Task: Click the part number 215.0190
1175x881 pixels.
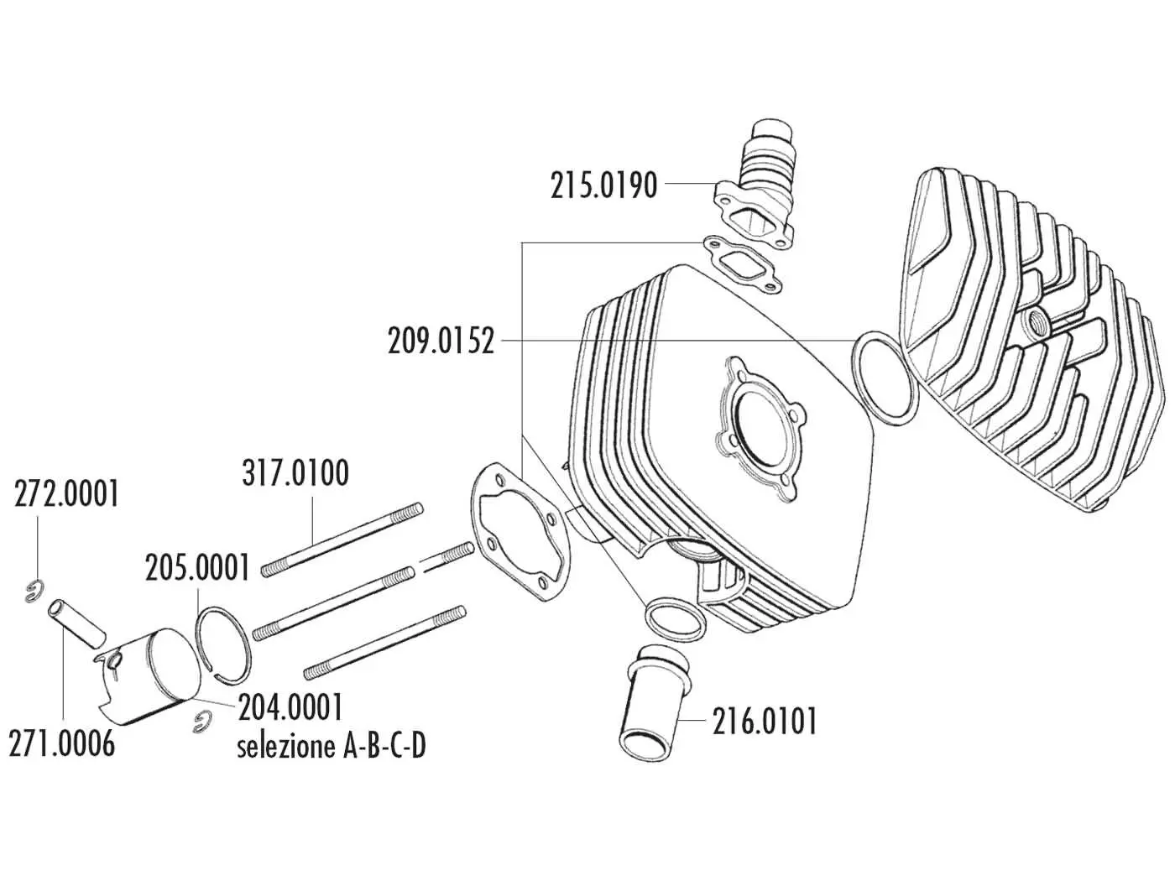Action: click(x=603, y=186)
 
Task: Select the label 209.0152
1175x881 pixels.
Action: click(x=441, y=341)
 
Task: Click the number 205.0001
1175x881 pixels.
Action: click(x=197, y=567)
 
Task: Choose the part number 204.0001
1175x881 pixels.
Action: click(x=290, y=706)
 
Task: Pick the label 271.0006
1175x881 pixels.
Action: click(x=62, y=743)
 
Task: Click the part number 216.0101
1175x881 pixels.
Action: click(x=765, y=722)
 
